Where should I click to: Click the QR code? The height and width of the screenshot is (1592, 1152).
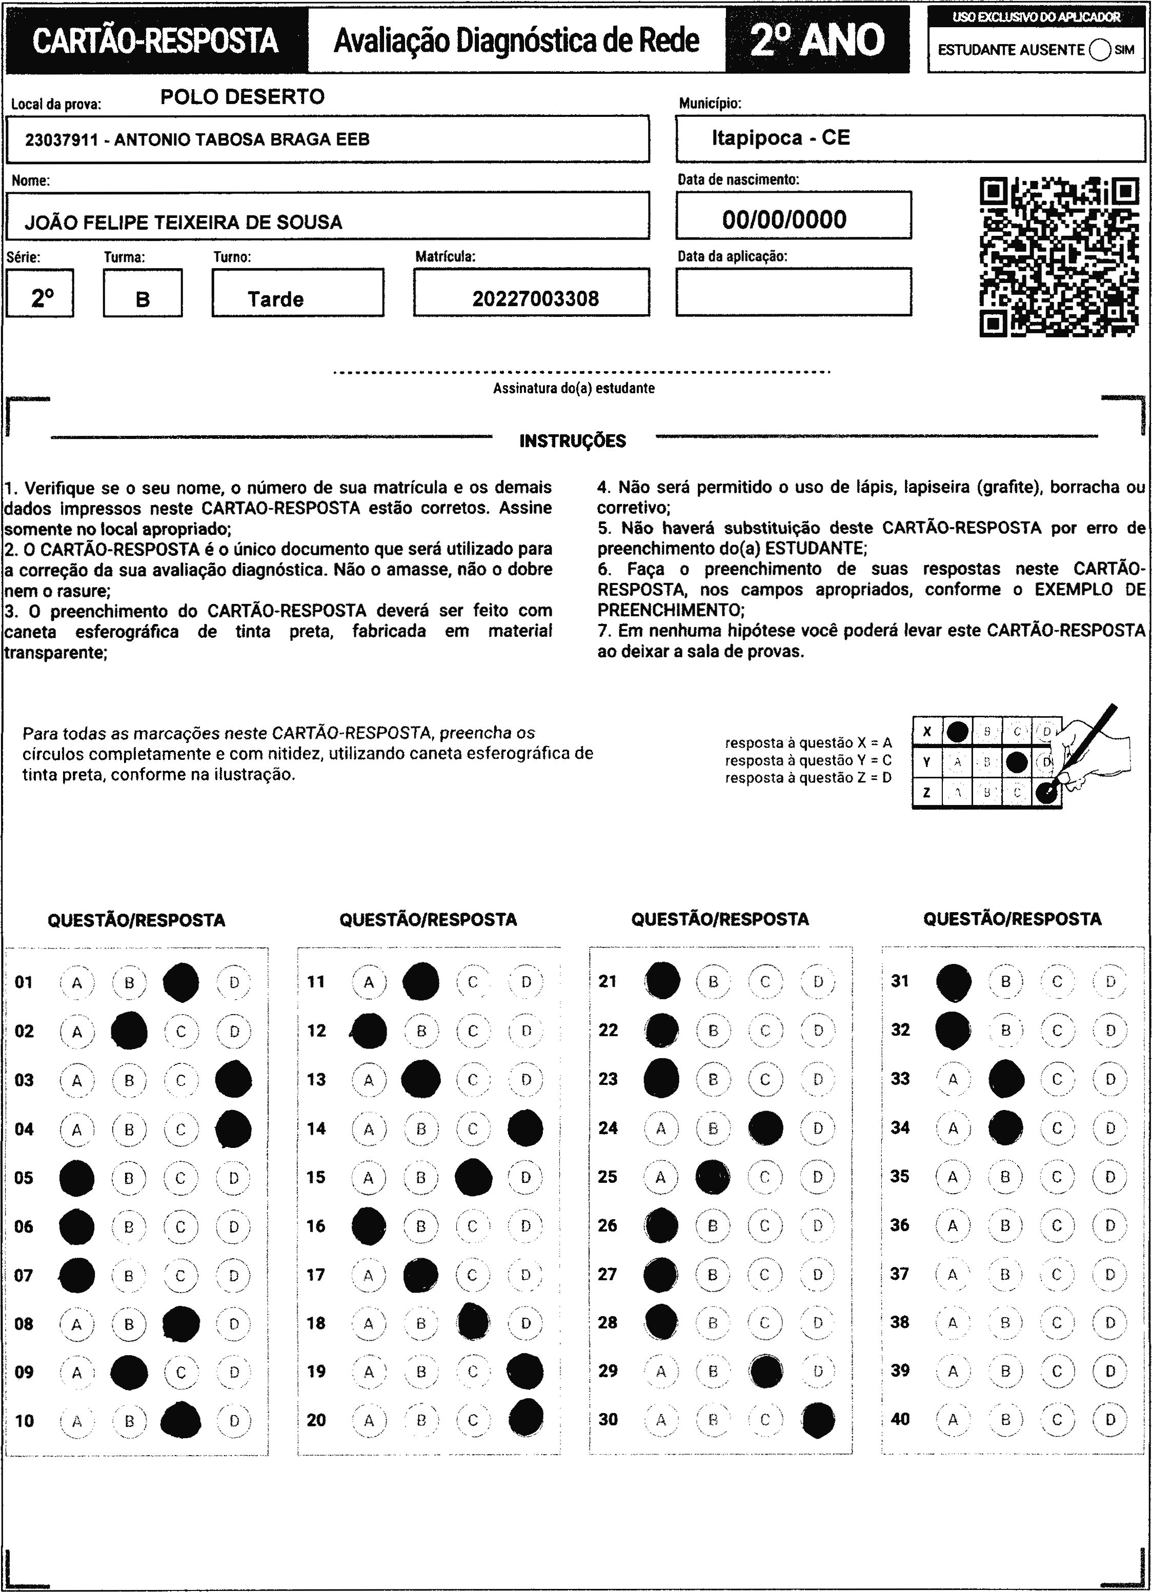[x=1059, y=257]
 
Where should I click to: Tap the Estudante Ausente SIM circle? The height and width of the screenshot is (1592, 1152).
[x=1100, y=50]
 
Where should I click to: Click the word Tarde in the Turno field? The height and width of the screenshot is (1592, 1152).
[x=275, y=300]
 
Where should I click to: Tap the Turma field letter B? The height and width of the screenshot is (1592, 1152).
[x=143, y=300]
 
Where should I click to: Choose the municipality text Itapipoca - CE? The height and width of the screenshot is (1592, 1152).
[x=781, y=137]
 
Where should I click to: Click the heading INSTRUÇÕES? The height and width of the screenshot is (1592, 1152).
[x=572, y=441]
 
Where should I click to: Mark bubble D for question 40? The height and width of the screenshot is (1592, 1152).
[x=1110, y=1419]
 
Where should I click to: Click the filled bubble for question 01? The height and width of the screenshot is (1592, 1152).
[x=181, y=982]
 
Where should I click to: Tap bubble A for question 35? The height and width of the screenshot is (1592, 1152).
[x=953, y=1177]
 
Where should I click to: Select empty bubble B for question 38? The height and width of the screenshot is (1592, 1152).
[x=1005, y=1322]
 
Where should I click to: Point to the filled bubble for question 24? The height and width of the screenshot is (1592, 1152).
[x=765, y=1128]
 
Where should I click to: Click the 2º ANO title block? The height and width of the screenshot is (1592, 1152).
[x=817, y=40]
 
